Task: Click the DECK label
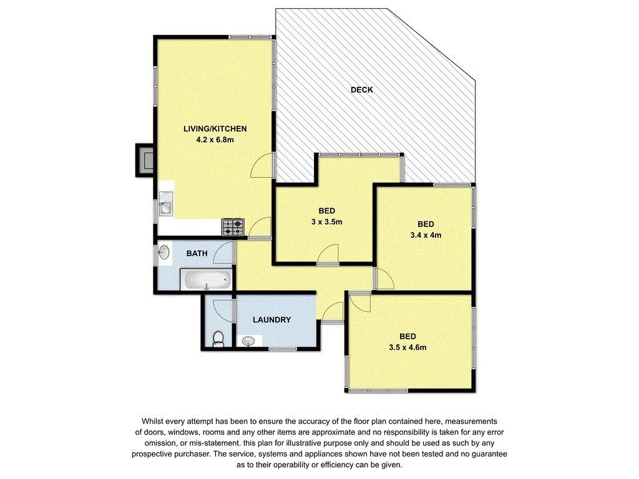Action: pos(361,90)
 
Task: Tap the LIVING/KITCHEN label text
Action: pos(215,129)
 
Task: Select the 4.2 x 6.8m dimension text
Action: pos(215,140)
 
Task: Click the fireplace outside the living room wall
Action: pos(145,160)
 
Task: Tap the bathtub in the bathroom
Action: pos(206,281)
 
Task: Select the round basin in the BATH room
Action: pos(164,253)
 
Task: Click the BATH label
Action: pos(198,254)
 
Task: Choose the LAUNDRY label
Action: pos(271,320)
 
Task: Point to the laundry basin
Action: pos(249,341)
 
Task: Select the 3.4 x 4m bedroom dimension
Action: pos(426,235)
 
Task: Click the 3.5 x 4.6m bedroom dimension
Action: pos(406,347)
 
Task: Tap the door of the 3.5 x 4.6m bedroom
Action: pos(359,302)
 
